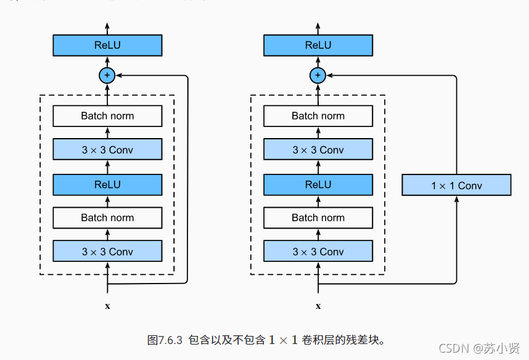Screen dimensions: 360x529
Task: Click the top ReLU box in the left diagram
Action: [107, 46]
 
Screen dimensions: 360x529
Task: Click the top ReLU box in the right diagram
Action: [318, 46]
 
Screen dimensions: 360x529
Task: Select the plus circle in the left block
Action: [107, 75]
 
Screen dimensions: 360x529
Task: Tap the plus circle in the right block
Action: [318, 75]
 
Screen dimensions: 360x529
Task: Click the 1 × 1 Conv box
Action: [456, 186]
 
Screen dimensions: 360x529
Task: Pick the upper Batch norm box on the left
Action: [107, 116]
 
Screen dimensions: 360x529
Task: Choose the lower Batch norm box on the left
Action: [107, 218]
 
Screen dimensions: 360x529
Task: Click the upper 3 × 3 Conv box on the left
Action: [107, 150]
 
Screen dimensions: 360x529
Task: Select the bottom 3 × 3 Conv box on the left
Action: [107, 252]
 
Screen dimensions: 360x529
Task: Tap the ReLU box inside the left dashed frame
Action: [107, 184]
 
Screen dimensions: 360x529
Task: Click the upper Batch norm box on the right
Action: [318, 116]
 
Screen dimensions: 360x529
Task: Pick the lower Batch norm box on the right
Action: [318, 218]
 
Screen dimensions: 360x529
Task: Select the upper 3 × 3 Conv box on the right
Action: [318, 150]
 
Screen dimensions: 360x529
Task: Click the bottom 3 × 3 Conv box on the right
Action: [318, 252]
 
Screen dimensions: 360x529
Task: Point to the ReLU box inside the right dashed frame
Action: [318, 184]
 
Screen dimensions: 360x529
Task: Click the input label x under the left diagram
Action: [107, 306]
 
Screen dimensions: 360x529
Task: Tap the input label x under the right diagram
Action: [318, 306]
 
